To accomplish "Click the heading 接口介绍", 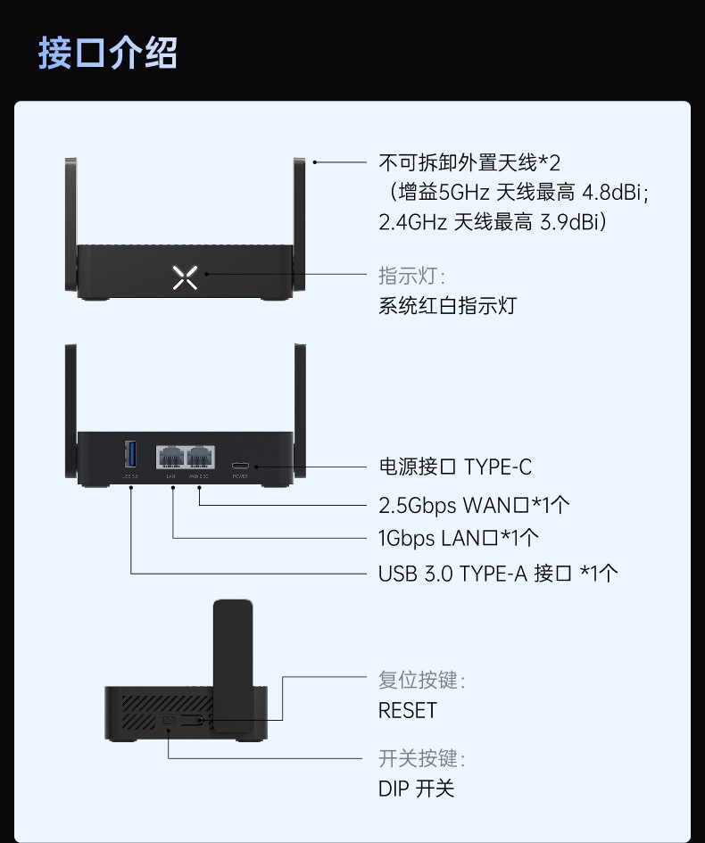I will coord(108,54).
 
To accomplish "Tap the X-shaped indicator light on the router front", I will coord(185,277).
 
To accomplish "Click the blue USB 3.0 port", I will coord(130,455).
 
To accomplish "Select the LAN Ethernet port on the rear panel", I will coord(170,457).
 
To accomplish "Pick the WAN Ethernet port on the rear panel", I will coord(200,457).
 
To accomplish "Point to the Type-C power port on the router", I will coord(241,466).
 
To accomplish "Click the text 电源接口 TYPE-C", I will coord(455,467).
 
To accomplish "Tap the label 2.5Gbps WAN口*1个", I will coord(474,505).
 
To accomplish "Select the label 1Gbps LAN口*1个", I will coord(459,538).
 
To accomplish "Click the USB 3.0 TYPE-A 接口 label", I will coord(498,573).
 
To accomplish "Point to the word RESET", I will coord(408,710).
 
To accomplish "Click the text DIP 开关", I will coord(416,789).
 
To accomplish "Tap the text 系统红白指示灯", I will coord(447,306).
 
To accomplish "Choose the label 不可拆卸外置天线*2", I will coord(469,163).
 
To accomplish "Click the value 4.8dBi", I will coord(616,192).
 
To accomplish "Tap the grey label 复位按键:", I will coord(421,681).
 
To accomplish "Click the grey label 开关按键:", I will coord(421,759).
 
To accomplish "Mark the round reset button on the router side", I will coord(203,720).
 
